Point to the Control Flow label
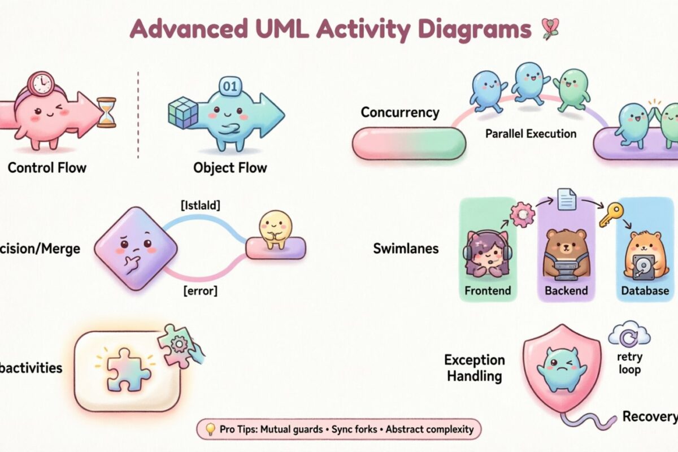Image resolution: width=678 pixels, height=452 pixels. (x=47, y=168)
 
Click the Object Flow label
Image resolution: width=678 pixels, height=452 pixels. (x=230, y=168)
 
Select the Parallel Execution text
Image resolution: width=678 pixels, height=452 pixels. (x=531, y=134)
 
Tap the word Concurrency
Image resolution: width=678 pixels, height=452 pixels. (x=399, y=112)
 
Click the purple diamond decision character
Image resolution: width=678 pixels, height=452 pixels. (x=136, y=248)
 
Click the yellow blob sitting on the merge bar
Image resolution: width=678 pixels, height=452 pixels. (x=274, y=228)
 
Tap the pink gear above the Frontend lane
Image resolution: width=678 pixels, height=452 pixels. (x=522, y=215)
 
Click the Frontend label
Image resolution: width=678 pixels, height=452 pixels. (x=487, y=291)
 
